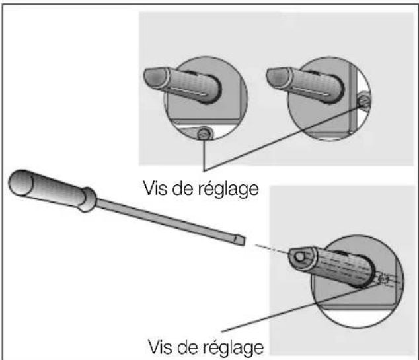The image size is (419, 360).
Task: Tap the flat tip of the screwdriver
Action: [x=239, y=241]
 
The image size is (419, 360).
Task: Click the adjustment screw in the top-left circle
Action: [x=205, y=134]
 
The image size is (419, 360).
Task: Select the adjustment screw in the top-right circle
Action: [x=363, y=101]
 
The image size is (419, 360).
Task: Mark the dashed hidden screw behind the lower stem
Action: [x=382, y=280]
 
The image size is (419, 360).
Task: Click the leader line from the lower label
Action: [x=297, y=310]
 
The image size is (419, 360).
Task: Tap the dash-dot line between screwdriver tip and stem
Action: [x=268, y=248]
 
